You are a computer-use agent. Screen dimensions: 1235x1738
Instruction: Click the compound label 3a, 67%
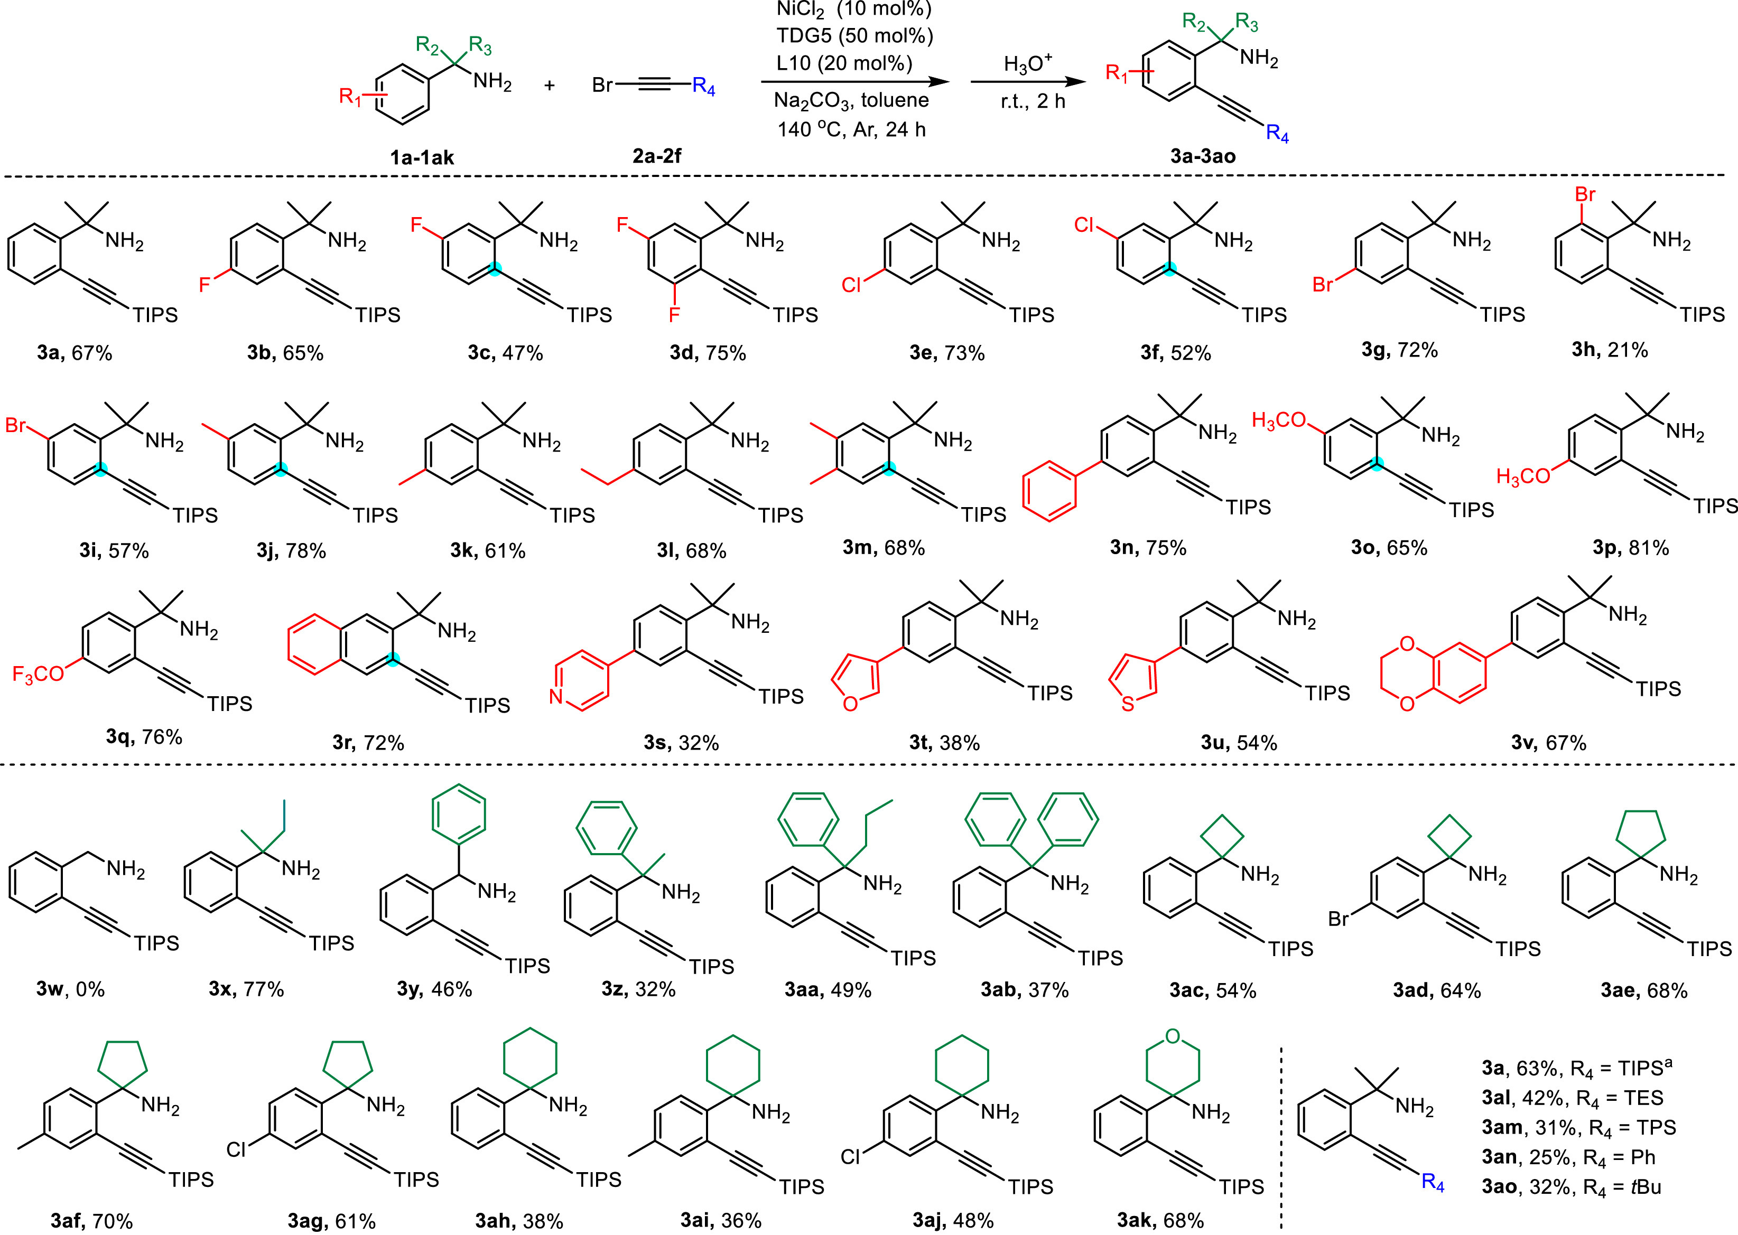click(75, 353)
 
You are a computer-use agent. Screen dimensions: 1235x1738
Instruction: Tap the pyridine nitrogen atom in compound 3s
click(556, 696)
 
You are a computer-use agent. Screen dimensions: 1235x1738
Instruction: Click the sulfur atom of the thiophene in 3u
click(1128, 704)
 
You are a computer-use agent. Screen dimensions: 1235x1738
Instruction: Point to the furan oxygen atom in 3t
click(850, 704)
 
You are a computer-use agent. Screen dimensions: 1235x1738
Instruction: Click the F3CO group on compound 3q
click(38, 674)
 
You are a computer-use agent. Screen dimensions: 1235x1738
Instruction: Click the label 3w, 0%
click(70, 989)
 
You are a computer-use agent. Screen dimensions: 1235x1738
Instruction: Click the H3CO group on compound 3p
click(1523, 477)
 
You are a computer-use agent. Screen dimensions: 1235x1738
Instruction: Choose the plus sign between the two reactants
click(549, 85)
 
